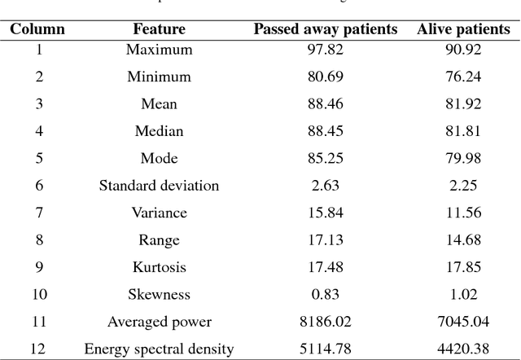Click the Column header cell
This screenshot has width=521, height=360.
tap(37, 30)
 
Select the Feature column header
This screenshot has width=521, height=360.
tap(159, 30)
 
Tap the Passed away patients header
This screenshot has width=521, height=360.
tap(325, 30)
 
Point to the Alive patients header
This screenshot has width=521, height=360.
tap(463, 30)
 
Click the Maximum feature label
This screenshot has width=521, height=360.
tap(159, 50)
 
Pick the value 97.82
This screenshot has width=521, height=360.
tap(325, 50)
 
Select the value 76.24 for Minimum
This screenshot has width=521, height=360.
tap(463, 77)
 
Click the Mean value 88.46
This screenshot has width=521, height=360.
tap(325, 104)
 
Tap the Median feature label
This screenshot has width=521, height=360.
tap(159, 131)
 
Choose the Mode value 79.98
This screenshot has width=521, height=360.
tap(463, 158)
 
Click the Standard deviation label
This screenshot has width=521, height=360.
tap(159, 186)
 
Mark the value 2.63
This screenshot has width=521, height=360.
tap(325, 186)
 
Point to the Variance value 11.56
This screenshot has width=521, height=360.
tap(463, 213)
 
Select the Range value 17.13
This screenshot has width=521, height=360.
tap(325, 240)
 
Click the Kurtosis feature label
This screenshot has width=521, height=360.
tap(159, 267)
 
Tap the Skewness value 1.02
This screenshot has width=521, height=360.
tap(463, 295)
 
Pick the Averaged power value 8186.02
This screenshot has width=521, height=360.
tap(325, 322)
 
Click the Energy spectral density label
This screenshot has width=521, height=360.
tap(159, 349)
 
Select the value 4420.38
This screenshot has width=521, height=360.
tap(463, 349)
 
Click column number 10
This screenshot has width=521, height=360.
tap(37, 295)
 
